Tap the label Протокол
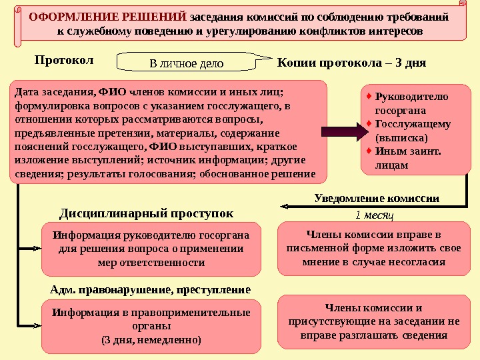click(x=64, y=61)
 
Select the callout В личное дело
click(x=186, y=64)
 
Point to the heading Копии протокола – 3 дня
click(x=351, y=63)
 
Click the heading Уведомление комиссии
click(x=377, y=198)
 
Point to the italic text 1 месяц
click(x=374, y=215)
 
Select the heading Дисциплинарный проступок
click(x=147, y=213)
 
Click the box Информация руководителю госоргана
click(x=151, y=249)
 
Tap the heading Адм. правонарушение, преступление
click(x=151, y=290)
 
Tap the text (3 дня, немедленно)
click(x=151, y=340)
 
